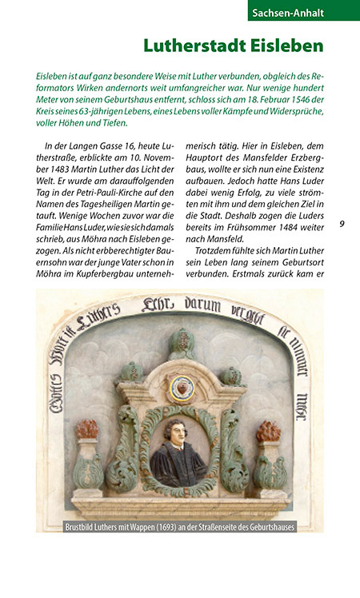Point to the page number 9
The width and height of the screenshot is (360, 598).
[342, 224]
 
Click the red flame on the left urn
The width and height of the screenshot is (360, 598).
[86, 430]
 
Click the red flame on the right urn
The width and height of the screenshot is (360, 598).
[269, 431]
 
